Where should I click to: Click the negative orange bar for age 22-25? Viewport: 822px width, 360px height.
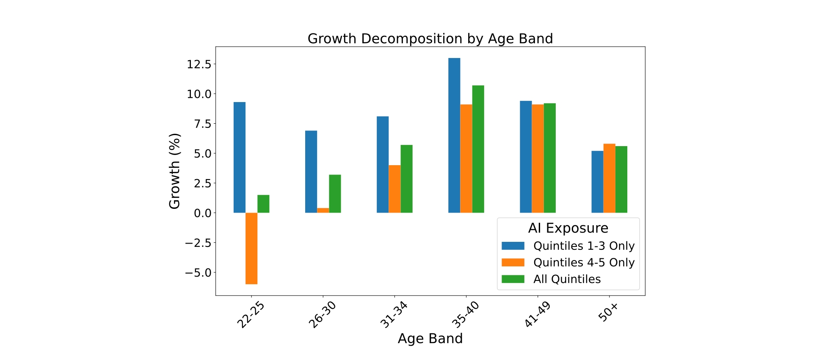pos(251,248)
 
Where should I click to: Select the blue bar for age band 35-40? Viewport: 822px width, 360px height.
pos(454,136)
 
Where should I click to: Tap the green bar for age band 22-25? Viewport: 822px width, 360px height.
pos(263,204)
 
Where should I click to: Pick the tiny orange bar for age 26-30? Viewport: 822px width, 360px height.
pos(323,210)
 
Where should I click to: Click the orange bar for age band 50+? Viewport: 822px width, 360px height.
pos(609,178)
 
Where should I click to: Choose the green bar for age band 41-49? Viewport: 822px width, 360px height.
pos(549,158)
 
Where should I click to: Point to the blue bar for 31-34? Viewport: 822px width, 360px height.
pos(383,164)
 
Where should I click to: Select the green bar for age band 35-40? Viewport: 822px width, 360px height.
pos(478,149)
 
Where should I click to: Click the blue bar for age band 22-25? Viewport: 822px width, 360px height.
pos(240,157)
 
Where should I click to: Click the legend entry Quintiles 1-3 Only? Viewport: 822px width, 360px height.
pos(584,246)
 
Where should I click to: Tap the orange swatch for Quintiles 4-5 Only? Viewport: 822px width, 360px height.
pos(513,263)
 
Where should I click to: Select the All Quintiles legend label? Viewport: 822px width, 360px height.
pos(567,279)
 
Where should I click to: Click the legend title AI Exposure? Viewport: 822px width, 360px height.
pos(568,228)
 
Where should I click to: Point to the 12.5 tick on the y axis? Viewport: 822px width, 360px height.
pos(199,64)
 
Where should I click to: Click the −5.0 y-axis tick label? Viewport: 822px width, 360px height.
pos(197,273)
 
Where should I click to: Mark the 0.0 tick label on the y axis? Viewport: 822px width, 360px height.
pos(202,213)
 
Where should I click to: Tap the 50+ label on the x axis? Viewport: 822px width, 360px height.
pos(608,313)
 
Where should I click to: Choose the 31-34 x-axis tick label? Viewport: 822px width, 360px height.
pos(394,315)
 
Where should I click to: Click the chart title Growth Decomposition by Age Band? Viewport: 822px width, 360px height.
pos(430,39)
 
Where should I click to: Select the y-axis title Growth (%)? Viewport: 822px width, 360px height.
pos(174,171)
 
